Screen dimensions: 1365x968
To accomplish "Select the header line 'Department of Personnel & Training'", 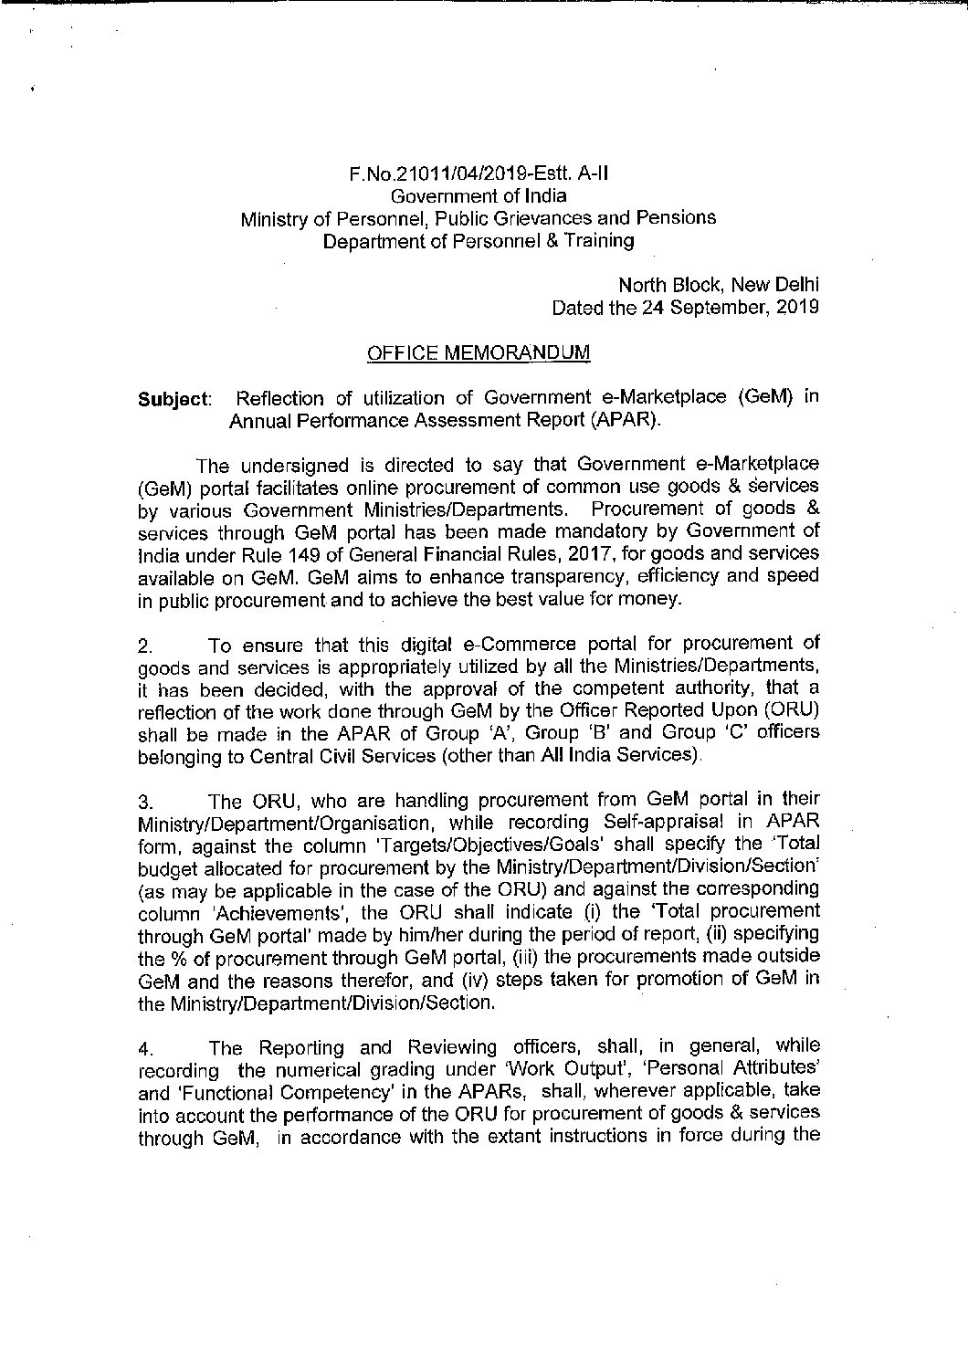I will click(478, 241).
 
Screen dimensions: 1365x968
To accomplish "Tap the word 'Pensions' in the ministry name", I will click(678, 218).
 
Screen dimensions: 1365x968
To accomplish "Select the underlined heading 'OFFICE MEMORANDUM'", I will click(478, 352).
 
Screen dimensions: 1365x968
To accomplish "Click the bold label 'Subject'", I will click(174, 400).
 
